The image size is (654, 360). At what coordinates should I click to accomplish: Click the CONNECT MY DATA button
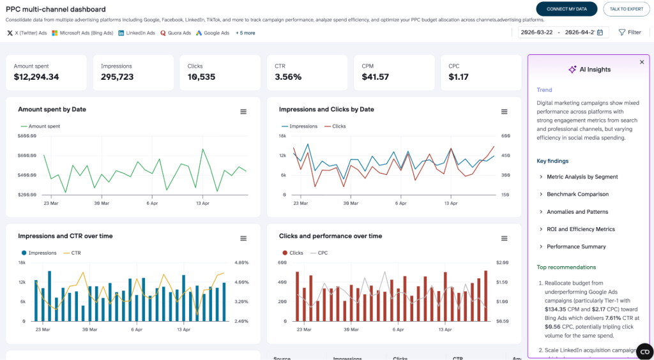pyautogui.click(x=567, y=9)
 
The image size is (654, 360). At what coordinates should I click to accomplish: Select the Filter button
pyautogui.click(x=630, y=33)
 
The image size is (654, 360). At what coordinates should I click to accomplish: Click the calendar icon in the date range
pyautogui.click(x=600, y=33)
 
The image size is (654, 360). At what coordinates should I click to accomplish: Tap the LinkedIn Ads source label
pyautogui.click(x=137, y=33)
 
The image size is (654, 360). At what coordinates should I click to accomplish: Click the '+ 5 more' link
pyautogui.click(x=245, y=33)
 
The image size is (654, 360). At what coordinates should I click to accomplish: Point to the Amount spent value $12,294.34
pyautogui.click(x=36, y=77)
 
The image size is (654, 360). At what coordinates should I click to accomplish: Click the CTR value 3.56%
pyautogui.click(x=288, y=77)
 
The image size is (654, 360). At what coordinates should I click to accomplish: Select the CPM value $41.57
pyautogui.click(x=375, y=77)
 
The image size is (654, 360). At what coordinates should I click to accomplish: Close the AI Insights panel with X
pyautogui.click(x=642, y=62)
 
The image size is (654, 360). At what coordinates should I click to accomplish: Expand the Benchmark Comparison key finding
pyautogui.click(x=577, y=194)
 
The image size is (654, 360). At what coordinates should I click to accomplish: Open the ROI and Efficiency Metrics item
pyautogui.click(x=581, y=229)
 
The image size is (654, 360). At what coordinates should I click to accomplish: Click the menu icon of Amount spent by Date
pyautogui.click(x=243, y=112)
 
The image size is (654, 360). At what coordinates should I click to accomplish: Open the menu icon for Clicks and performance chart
pyautogui.click(x=505, y=238)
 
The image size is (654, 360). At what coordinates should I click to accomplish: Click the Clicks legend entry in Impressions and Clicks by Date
pyautogui.click(x=335, y=126)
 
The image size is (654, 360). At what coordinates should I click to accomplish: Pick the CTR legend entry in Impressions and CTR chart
pyautogui.click(x=72, y=253)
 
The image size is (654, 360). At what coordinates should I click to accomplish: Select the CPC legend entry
pyautogui.click(x=319, y=253)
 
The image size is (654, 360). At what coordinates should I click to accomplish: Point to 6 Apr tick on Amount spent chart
pyautogui.click(x=152, y=204)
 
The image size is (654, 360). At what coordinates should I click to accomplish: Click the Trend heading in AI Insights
pyautogui.click(x=544, y=90)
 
